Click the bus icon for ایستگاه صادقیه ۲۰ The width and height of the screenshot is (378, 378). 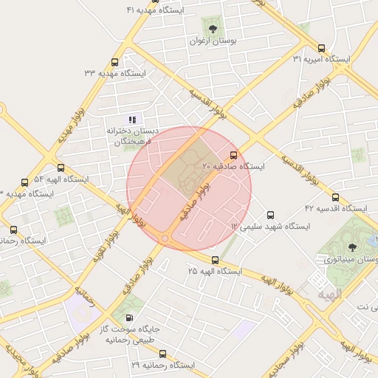(234, 155)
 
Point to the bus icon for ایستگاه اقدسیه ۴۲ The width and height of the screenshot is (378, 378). (335, 197)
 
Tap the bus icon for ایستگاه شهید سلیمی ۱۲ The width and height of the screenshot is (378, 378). (269, 214)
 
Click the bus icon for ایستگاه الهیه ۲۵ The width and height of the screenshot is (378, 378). (215, 260)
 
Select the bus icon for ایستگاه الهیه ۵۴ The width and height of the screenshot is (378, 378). (61, 168)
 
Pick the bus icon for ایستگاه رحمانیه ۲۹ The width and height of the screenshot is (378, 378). (162, 354)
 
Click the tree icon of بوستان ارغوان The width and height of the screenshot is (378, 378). (213, 29)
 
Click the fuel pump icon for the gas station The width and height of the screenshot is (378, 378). (131, 317)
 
